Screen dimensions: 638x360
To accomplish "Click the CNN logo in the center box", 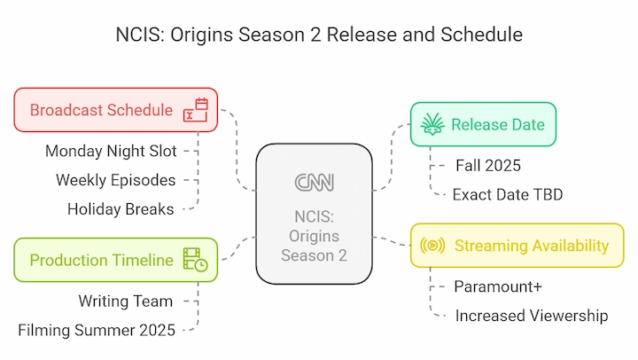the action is click(x=314, y=182).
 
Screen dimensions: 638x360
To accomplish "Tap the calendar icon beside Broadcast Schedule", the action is click(x=196, y=110).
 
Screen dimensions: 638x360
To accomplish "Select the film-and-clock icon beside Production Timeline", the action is click(x=196, y=260).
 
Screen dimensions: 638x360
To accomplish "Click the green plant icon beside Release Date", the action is click(x=432, y=124).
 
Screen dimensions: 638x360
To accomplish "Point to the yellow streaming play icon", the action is click(x=432, y=246).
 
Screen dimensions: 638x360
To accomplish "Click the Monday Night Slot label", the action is click(x=111, y=151).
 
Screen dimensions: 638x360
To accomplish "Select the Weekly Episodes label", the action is click(x=115, y=180).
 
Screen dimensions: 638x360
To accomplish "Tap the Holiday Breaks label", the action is click(x=121, y=209).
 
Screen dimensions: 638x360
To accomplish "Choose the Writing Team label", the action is click(x=125, y=301).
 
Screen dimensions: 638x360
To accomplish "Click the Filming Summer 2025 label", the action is click(x=97, y=330).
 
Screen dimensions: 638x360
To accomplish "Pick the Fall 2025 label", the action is click(x=488, y=166).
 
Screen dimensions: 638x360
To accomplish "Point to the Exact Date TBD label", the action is click(x=508, y=195).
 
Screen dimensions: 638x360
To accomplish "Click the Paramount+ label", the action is click(x=498, y=286).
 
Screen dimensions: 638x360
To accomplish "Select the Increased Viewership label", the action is click(x=532, y=316).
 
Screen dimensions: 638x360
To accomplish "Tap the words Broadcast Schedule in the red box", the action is click(x=101, y=110).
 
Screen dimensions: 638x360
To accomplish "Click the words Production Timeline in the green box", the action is click(x=101, y=260).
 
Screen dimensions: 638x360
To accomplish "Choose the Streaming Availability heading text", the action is click(x=532, y=246).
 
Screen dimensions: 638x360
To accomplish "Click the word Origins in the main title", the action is click(x=202, y=35).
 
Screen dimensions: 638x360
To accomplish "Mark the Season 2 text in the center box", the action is click(x=314, y=255).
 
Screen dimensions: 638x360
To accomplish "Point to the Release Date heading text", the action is click(x=498, y=125).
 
